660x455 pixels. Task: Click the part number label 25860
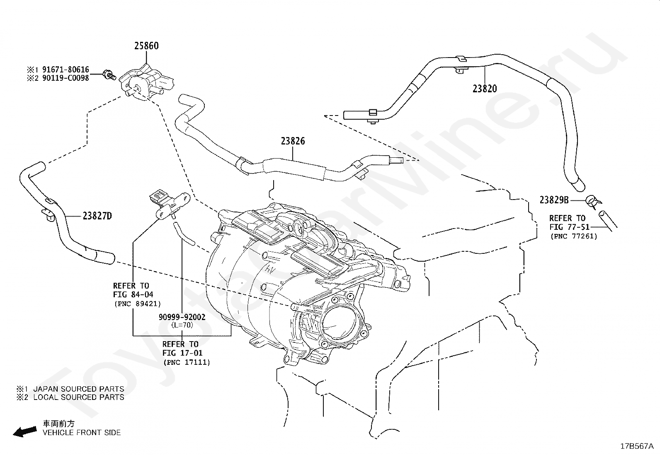click(x=146, y=46)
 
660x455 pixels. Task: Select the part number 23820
click(x=485, y=89)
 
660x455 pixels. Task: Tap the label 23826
click(x=293, y=141)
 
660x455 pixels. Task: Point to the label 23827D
click(x=97, y=216)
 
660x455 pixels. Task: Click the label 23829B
click(x=554, y=200)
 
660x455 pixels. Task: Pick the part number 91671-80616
click(x=66, y=70)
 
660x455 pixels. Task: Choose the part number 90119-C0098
click(x=66, y=78)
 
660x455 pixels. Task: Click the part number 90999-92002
click(x=182, y=317)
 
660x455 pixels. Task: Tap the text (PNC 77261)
click(x=574, y=236)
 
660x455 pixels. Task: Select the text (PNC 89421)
click(x=138, y=304)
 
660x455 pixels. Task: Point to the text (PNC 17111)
click(x=187, y=362)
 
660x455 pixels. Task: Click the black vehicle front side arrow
click(x=25, y=432)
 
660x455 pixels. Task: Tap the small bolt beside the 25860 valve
click(x=109, y=75)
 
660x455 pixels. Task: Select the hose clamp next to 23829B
click(x=593, y=201)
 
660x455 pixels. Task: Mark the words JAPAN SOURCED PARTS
click(x=79, y=389)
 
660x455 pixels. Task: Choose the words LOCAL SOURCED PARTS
click(x=79, y=397)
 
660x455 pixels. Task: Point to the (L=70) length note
click(x=182, y=325)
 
